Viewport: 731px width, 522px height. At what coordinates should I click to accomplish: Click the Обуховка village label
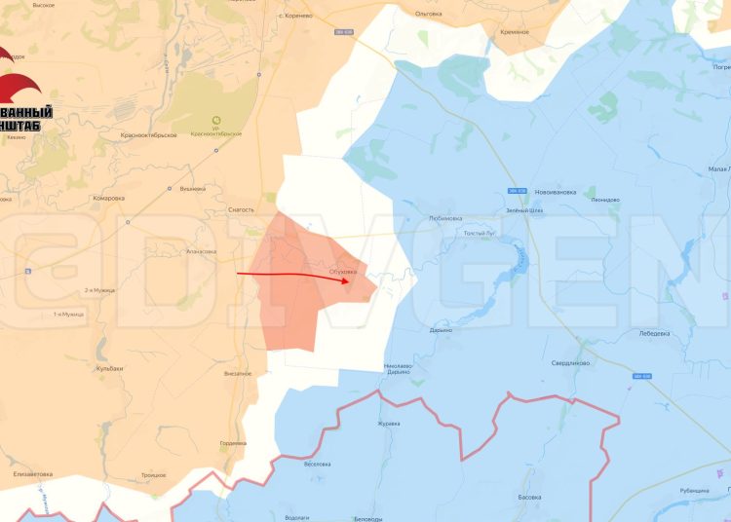(344, 271)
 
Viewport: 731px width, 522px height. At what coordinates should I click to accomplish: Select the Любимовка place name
(444, 218)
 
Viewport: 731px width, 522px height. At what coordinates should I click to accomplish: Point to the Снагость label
(240, 209)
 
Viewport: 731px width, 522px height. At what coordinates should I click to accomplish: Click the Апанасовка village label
(201, 251)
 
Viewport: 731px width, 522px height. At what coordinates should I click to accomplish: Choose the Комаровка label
(108, 198)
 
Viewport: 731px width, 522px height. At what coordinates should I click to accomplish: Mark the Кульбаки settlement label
(110, 368)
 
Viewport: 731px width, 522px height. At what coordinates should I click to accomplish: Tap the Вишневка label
(193, 188)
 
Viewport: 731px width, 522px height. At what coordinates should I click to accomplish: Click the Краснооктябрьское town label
(147, 134)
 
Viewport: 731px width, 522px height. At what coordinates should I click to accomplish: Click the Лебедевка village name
(653, 334)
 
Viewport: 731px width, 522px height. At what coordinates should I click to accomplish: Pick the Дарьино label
(441, 330)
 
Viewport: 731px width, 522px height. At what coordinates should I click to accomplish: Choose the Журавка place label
(389, 424)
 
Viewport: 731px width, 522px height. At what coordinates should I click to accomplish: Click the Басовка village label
(530, 497)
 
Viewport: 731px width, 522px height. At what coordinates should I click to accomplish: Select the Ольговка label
(428, 14)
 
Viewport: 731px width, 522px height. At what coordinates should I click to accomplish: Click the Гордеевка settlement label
(233, 443)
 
